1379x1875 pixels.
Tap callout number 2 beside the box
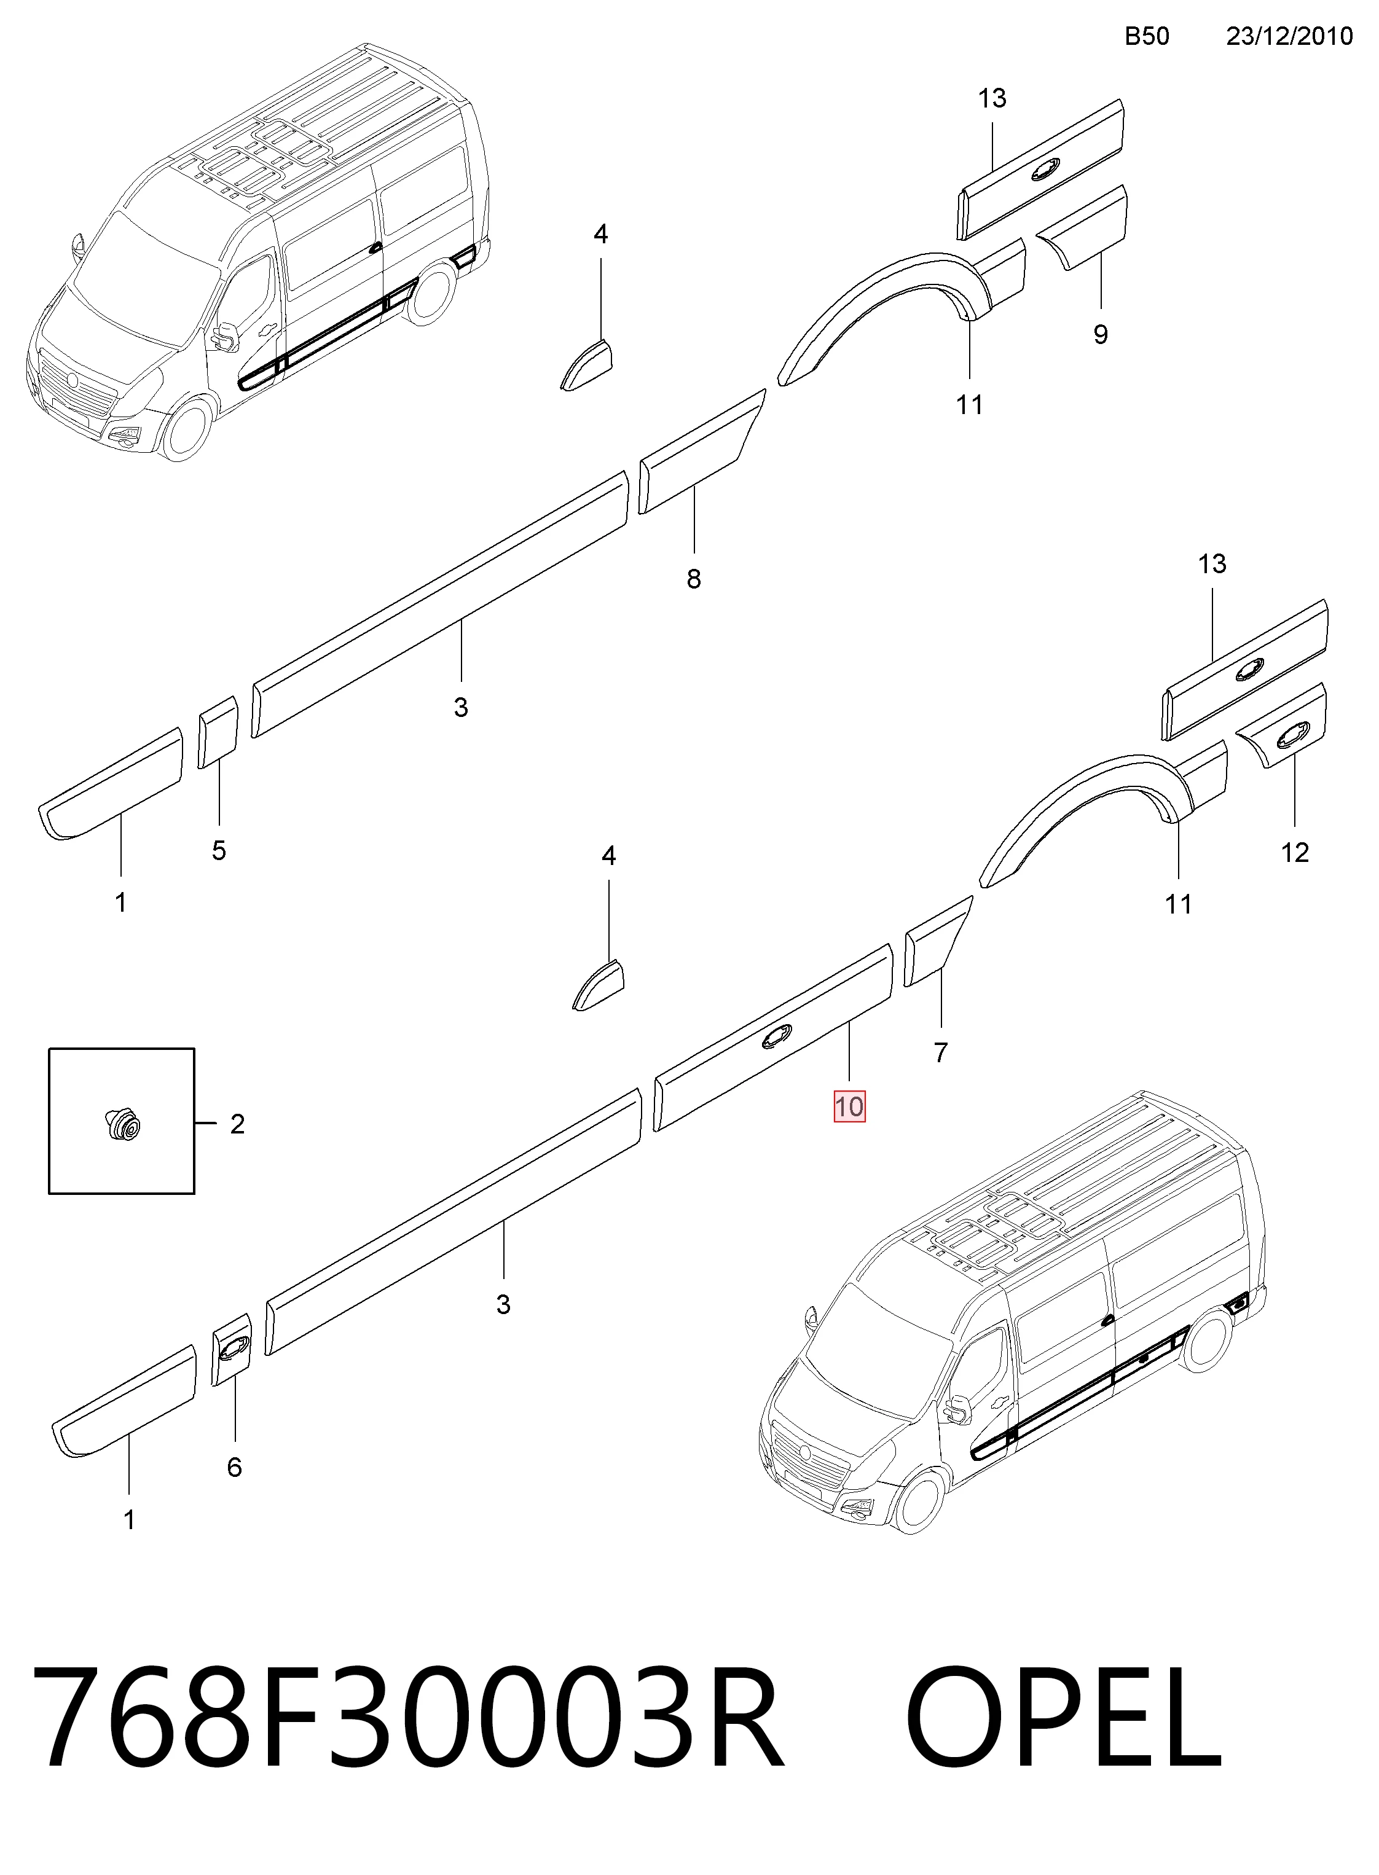click(237, 1124)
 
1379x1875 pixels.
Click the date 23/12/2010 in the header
click(1289, 36)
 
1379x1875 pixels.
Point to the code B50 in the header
click(1147, 36)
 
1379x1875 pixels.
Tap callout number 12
click(1295, 852)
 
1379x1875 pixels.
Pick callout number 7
click(941, 1052)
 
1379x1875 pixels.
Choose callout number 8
click(694, 578)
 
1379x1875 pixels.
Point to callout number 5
click(219, 850)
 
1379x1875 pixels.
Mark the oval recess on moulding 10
click(777, 1036)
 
